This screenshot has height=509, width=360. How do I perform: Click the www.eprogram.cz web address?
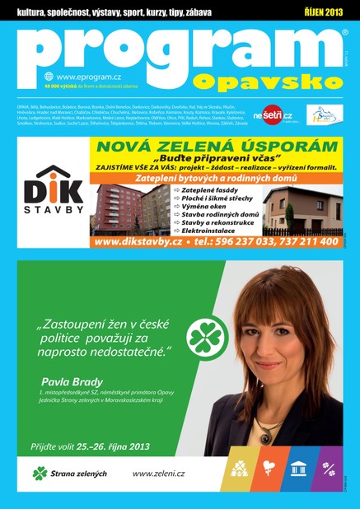pyautogui.click(x=83, y=77)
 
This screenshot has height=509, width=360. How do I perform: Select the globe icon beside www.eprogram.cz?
pyautogui.click(x=49, y=77)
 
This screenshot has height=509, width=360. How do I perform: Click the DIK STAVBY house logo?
pyautogui.click(x=53, y=194)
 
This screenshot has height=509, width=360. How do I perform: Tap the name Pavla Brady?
pyautogui.click(x=72, y=381)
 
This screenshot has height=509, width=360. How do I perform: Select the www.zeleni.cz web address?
pyautogui.click(x=159, y=473)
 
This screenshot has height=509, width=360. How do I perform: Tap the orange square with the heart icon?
pyautogui.click(x=269, y=468)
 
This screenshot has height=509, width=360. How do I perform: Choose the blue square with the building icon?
pyautogui.click(x=298, y=468)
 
